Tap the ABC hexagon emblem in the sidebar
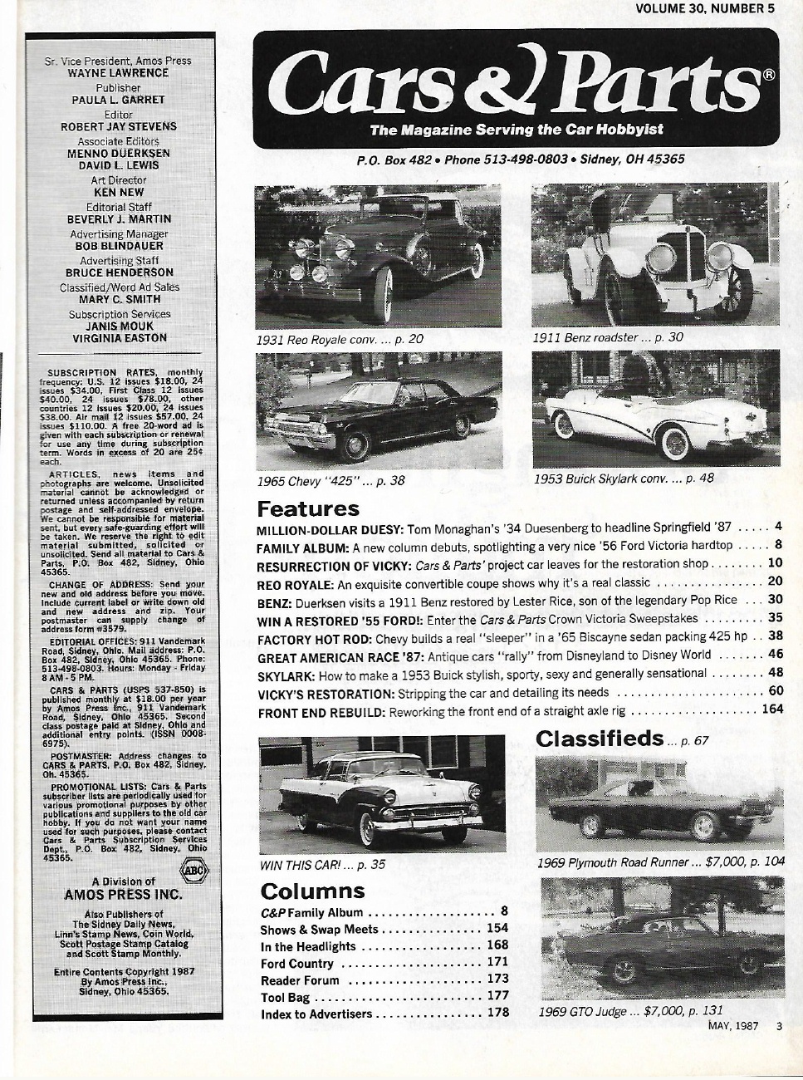point(192,871)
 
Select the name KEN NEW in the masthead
point(119,192)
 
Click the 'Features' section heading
point(308,508)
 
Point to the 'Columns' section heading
point(312,891)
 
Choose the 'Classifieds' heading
point(600,739)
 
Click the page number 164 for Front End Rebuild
point(772,710)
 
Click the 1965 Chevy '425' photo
point(379,411)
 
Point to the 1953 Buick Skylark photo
point(655,408)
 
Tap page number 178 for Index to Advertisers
point(498,1013)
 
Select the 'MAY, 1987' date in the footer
point(733,1026)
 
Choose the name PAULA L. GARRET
point(118,100)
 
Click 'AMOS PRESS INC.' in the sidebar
point(123,895)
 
